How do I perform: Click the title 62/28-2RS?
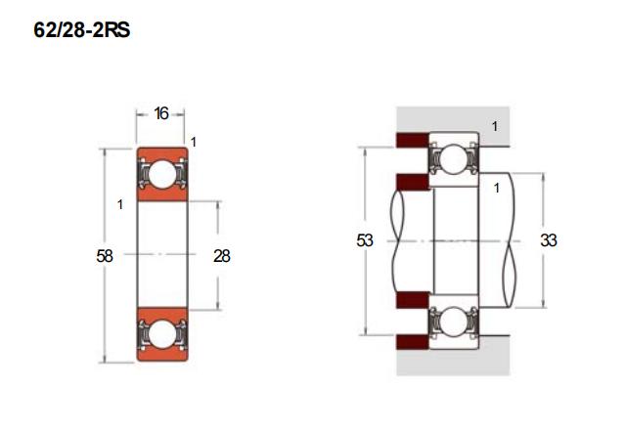click(x=82, y=30)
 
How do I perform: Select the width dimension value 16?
click(x=161, y=113)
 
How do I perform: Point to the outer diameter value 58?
click(x=105, y=256)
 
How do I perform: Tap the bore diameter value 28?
click(x=222, y=256)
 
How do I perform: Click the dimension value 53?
click(x=365, y=240)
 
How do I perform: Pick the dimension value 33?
click(x=549, y=240)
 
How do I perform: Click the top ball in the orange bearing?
click(x=162, y=174)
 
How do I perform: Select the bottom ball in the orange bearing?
click(x=162, y=334)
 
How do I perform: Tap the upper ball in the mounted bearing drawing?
click(x=454, y=159)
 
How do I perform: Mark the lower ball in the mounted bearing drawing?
click(x=454, y=321)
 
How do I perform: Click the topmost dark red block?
click(x=413, y=140)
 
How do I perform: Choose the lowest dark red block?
click(x=413, y=342)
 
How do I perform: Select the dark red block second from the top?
click(x=413, y=182)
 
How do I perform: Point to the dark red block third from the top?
click(x=413, y=300)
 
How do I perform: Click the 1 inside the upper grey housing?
click(x=495, y=126)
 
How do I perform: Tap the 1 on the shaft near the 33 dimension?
click(x=496, y=188)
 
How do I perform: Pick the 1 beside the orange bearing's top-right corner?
click(x=194, y=142)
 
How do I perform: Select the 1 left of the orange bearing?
click(x=119, y=204)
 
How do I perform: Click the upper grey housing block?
click(x=453, y=126)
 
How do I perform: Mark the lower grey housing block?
click(x=453, y=356)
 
